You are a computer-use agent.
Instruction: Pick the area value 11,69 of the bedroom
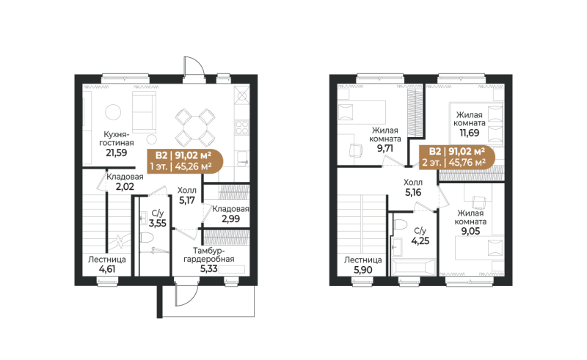coord(469,134)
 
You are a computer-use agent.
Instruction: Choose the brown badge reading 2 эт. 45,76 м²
coord(458,155)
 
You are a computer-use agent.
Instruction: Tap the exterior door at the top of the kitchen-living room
coord(194,65)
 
